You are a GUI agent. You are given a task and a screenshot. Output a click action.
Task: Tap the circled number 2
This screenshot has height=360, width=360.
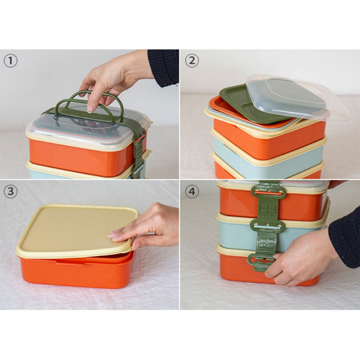192,60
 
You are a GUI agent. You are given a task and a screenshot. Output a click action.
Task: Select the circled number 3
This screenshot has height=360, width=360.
10,192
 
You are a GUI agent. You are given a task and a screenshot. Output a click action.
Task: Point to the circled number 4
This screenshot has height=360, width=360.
192,192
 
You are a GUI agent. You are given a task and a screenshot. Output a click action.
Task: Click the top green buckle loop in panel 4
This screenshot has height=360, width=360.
268,193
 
